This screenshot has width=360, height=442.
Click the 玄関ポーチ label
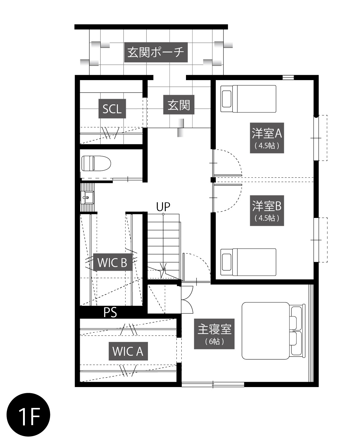pos(156,52)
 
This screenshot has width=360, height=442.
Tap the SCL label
pos(112,109)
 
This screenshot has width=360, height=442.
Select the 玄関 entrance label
pos(179,105)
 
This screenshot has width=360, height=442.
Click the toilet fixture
pos(96,163)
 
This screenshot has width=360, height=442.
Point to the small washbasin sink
pos(87,197)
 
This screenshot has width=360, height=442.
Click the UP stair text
pos(163,207)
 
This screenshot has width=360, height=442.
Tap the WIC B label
pos(112,262)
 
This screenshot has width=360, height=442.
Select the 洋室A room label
pos(267,138)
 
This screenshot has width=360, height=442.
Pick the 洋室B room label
pos(267,211)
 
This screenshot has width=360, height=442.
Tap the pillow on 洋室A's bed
pos(226,99)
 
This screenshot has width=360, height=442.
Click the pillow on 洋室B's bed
pos(226,262)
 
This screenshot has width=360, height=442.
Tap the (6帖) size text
pos(214,341)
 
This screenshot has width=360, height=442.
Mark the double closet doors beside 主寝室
pos(187,300)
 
